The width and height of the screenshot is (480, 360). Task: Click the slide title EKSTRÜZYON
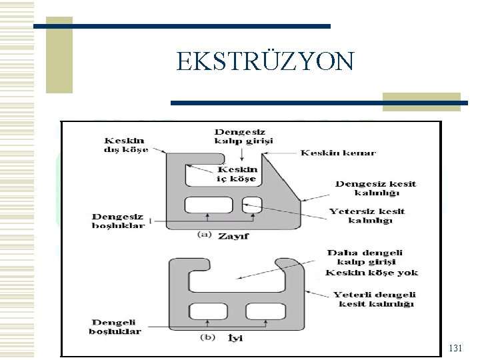coord(265,62)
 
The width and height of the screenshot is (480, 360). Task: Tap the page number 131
coord(455,348)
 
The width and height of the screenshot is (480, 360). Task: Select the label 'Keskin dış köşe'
coord(124,145)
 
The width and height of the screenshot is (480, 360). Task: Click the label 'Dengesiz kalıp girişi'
coord(243,136)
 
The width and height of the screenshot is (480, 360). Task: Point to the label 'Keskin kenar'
coord(338,153)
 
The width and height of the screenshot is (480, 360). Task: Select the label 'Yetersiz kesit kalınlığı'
coord(366,215)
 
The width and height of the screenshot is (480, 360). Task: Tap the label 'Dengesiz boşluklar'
coord(118,221)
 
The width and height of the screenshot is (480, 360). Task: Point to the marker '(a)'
coord(205,234)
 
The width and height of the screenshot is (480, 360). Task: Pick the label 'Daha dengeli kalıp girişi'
coord(365,257)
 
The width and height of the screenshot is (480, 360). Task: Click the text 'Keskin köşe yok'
coord(371,273)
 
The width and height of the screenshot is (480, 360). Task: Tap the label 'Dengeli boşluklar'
coord(115,327)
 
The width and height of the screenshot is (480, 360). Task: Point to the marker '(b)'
coord(208,337)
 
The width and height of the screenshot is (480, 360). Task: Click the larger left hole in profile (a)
coord(203,205)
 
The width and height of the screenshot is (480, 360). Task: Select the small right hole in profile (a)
coord(253,204)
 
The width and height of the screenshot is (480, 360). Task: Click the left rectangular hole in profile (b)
coord(207,311)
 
